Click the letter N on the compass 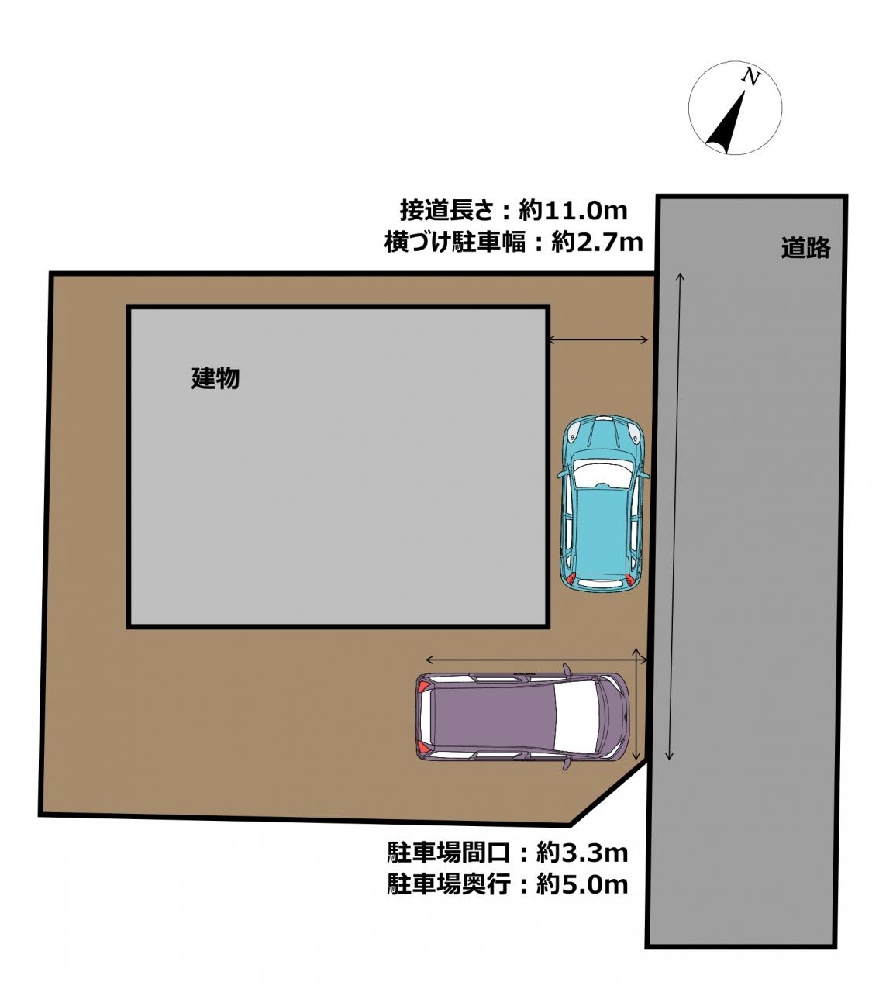750,76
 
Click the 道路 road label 805,248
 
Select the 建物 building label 215,379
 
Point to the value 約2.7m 597,243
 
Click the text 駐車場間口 449,853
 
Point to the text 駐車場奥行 449,884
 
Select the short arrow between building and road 598,339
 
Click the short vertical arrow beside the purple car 637,704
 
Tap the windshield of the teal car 602,473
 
